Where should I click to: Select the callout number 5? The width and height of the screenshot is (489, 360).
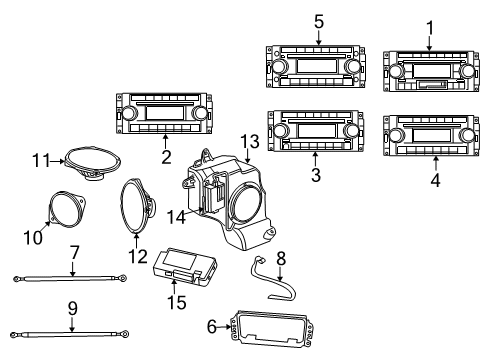(x=318, y=20)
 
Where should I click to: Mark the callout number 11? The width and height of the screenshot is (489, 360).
(x=40, y=160)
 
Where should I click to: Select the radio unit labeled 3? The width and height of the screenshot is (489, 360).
(x=315, y=131)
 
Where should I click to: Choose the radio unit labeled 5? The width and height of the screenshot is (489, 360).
(x=318, y=65)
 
